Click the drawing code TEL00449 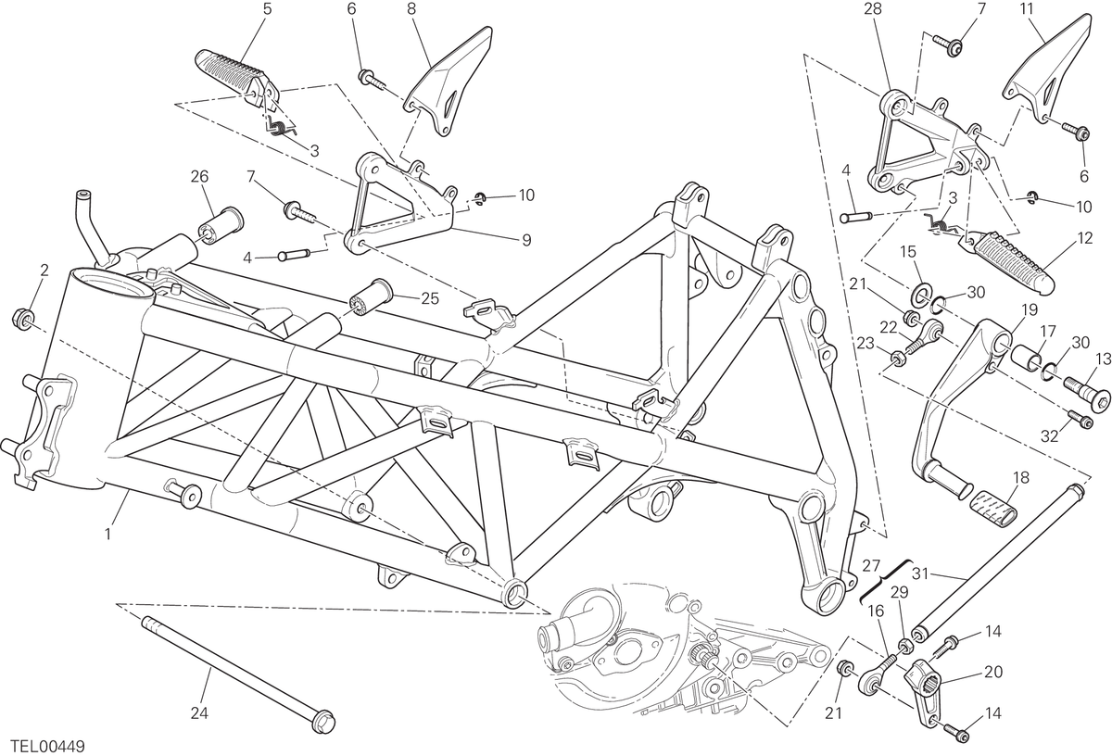pos(48,746)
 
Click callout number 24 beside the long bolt pos(199,712)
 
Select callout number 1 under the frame pos(107,535)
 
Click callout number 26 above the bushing pos(199,177)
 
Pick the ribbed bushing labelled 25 pos(370,296)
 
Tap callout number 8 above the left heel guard pos(411,9)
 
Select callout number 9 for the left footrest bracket pos(526,240)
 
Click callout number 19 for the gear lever pos(1030,309)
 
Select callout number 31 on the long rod pos(920,573)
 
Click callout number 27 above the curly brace pos(871,565)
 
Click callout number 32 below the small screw pos(1049,435)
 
